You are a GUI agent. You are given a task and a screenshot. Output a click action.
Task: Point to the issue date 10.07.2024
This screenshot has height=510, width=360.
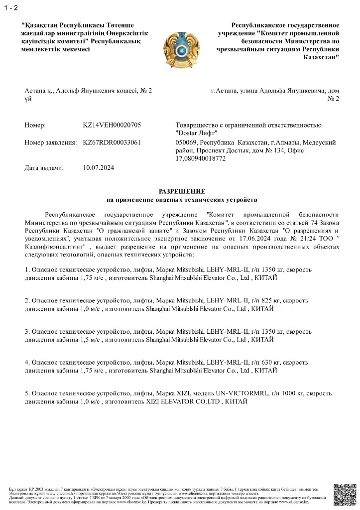99,168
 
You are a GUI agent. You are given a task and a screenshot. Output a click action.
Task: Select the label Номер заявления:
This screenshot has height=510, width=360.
51,143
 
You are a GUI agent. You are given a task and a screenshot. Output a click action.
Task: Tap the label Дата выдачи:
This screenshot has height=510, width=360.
44,168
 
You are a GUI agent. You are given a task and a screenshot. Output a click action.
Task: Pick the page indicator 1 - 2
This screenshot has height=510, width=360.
10,7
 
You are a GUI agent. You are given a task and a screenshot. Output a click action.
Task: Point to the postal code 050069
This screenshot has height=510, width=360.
187,143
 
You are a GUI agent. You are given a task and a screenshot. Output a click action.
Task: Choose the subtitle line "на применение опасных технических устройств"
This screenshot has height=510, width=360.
182,200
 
